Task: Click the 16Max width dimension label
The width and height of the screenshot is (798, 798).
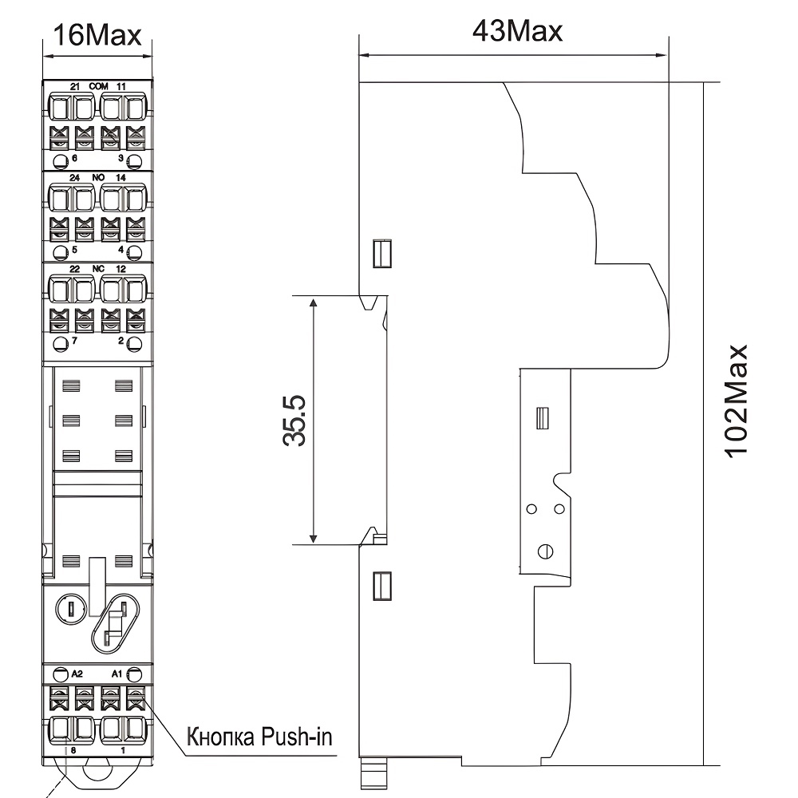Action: click(97, 35)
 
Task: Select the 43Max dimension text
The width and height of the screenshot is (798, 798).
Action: click(517, 31)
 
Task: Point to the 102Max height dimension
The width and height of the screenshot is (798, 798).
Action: click(737, 401)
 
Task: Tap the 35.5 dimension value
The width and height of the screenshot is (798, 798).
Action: click(294, 421)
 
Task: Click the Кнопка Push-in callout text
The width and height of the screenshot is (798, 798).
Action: click(259, 737)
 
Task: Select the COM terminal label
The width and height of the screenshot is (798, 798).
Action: click(98, 86)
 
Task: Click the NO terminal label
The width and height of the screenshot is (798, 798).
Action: click(98, 178)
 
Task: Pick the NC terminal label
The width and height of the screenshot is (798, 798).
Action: click(98, 269)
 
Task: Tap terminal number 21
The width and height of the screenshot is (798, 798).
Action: click(75, 87)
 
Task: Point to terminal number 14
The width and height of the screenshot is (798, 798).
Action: click(120, 178)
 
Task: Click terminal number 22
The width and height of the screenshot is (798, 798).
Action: click(74, 269)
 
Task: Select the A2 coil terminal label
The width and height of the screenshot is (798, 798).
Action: click(77, 674)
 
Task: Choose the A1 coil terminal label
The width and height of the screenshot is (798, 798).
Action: click(117, 674)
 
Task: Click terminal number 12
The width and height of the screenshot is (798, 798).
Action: click(120, 269)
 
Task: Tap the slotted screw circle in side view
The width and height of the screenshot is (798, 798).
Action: click(546, 551)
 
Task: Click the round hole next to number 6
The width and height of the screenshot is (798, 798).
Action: click(61, 162)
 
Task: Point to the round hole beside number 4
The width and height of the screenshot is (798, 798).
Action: click(134, 252)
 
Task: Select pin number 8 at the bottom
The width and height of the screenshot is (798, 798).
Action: click(73, 750)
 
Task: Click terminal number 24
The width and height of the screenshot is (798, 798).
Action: click(75, 178)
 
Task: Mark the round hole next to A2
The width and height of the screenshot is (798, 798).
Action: click(61, 675)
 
